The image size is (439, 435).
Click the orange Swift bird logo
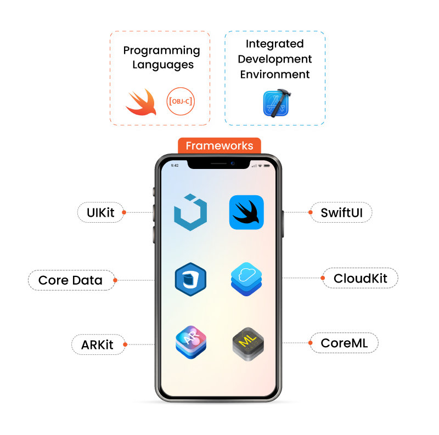click(141, 102)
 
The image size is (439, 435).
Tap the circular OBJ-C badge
click(181, 101)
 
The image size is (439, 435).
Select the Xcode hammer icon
click(277, 103)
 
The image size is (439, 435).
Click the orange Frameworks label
click(219, 146)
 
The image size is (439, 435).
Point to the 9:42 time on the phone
click(175, 165)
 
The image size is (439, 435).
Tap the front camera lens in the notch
click(233, 163)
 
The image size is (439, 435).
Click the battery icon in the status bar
click(267, 165)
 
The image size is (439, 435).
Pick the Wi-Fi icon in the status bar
click(260, 165)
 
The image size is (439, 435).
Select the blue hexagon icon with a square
click(190, 212)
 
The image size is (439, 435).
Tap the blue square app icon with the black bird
click(246, 212)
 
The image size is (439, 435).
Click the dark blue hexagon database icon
click(190, 279)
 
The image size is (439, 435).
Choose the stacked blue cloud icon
click(246, 279)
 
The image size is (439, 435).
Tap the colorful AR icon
click(191, 342)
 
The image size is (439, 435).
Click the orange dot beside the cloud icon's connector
click(323, 278)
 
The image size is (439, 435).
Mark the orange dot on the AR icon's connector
click(125, 344)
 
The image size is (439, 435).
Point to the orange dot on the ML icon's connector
click(311, 343)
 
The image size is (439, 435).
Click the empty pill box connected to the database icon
click(72, 280)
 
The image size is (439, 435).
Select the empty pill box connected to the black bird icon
click(341, 212)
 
